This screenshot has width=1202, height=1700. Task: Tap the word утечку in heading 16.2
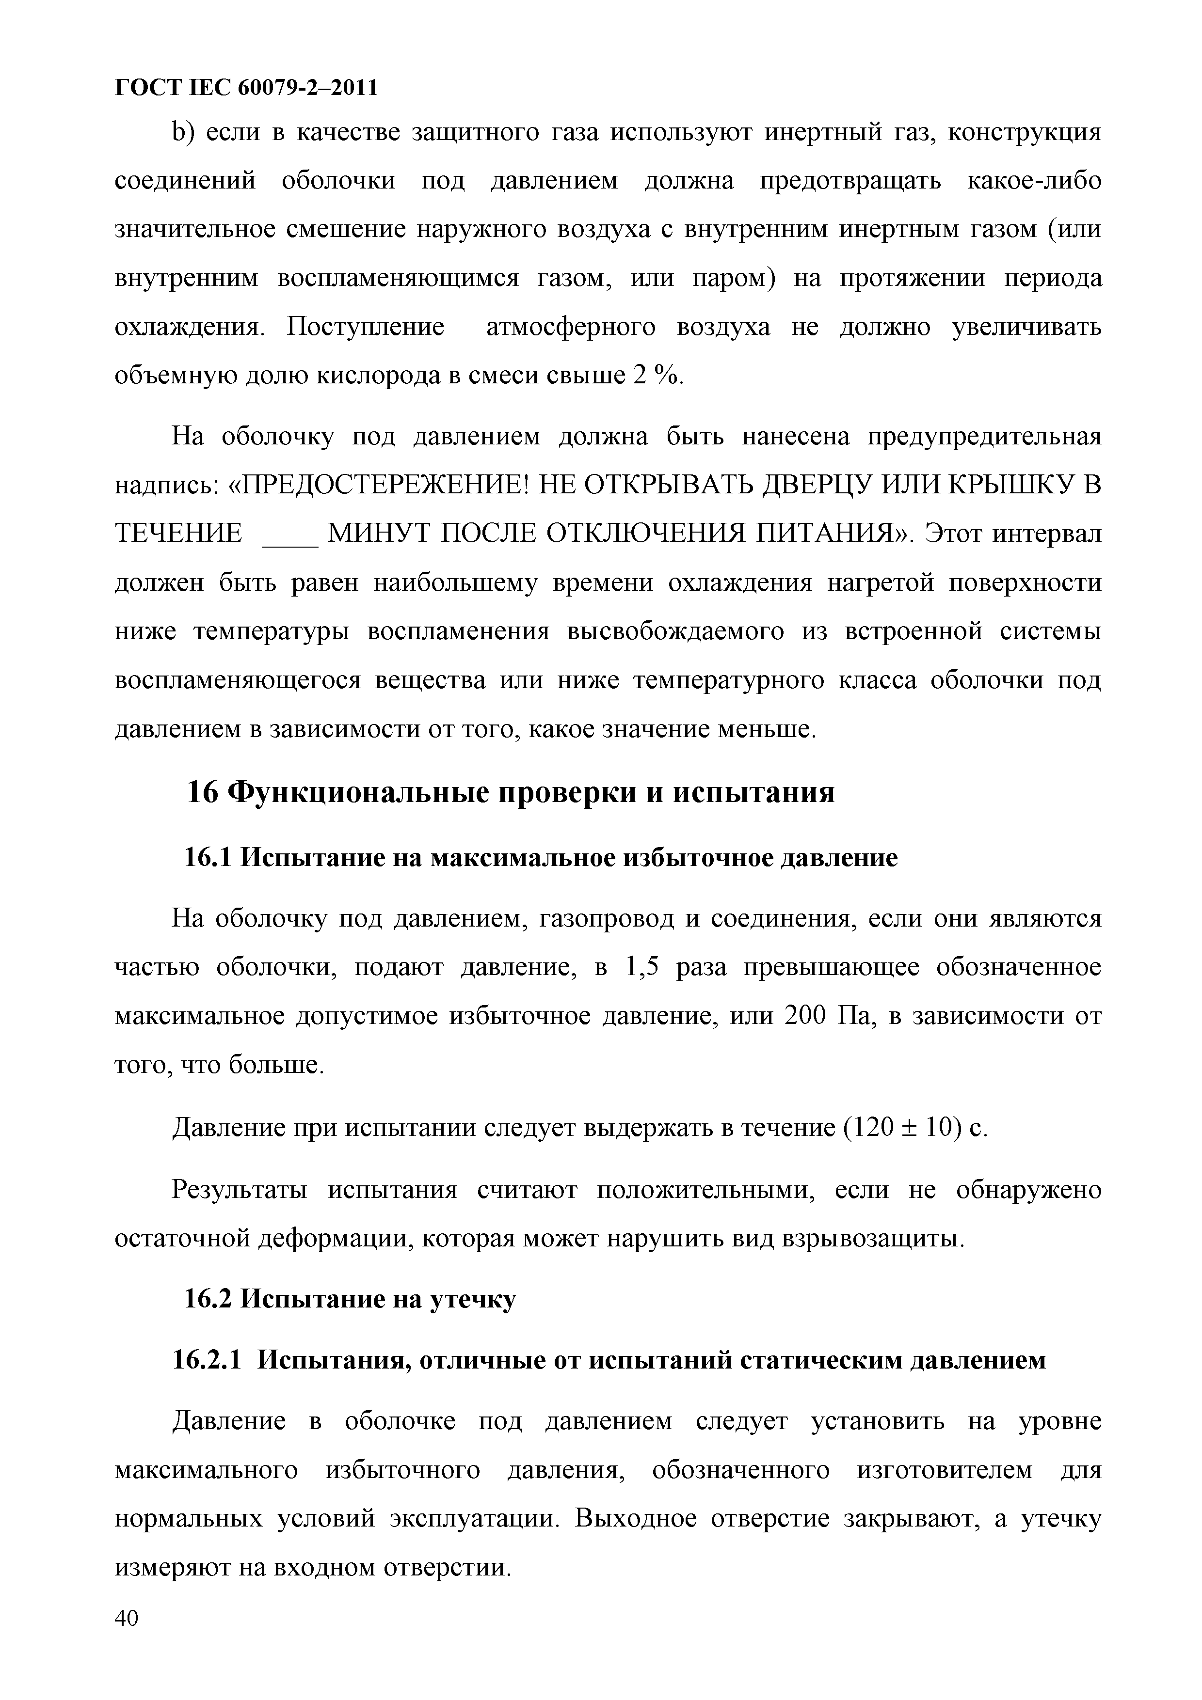pyautogui.click(x=472, y=1299)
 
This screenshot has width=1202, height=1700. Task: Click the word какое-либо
pyautogui.click(x=1034, y=181)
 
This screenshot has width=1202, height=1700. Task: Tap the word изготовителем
pyautogui.click(x=944, y=1470)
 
